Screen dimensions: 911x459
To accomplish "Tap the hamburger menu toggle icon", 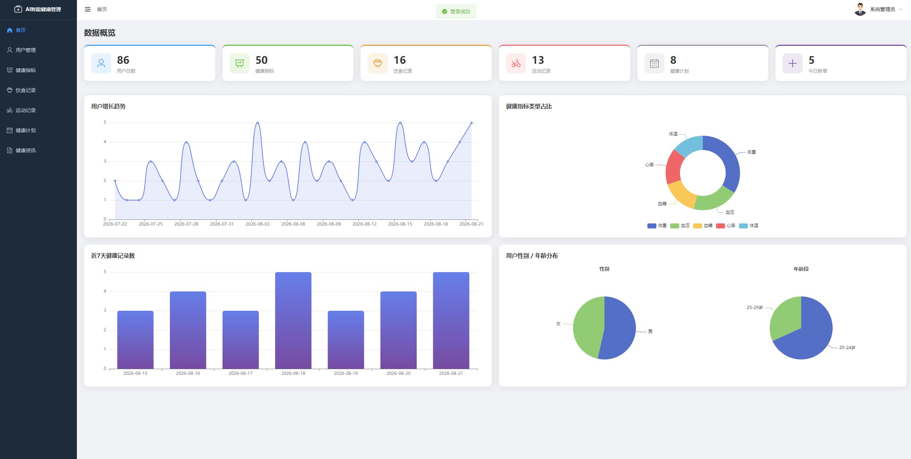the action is [x=88, y=9].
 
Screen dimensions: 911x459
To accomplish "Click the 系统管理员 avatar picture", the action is [x=860, y=9].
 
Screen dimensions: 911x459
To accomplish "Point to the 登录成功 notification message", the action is [x=456, y=11].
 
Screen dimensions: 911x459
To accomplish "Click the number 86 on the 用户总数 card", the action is [x=123, y=60].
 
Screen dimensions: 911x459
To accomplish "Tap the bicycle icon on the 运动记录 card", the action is [x=516, y=64].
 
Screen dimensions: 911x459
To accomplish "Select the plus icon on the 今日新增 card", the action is [x=792, y=64].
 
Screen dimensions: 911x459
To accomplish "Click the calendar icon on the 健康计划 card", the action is [x=654, y=64].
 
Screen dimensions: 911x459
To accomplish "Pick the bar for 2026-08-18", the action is [x=293, y=320].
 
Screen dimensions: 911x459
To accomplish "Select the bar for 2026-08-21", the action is [x=451, y=320].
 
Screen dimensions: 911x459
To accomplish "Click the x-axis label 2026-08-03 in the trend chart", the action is [x=258, y=224].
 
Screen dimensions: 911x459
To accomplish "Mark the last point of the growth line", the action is [x=471, y=123].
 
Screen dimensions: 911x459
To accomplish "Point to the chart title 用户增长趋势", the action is [x=108, y=106].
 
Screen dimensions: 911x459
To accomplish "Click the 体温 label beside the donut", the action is [x=673, y=134].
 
